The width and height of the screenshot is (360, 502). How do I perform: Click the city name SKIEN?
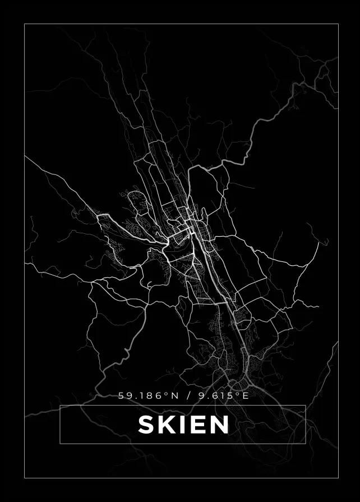coord(183,425)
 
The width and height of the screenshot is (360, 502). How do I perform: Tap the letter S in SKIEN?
coord(146,425)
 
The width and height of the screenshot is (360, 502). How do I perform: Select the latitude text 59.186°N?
coord(148,396)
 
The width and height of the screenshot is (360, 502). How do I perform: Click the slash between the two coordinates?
coord(188,396)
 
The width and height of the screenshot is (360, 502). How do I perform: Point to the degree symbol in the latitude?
coord(167,394)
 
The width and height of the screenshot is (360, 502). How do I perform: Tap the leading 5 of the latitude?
coord(121,396)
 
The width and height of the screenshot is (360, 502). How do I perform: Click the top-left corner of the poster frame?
coord(25,24)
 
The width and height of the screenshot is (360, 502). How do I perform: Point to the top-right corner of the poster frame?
coord(338,24)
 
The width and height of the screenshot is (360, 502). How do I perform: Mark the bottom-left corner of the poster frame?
coord(25,478)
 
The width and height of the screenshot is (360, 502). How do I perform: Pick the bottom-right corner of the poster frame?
coord(338,478)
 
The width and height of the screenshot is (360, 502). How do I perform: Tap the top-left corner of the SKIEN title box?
coord(59,405)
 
